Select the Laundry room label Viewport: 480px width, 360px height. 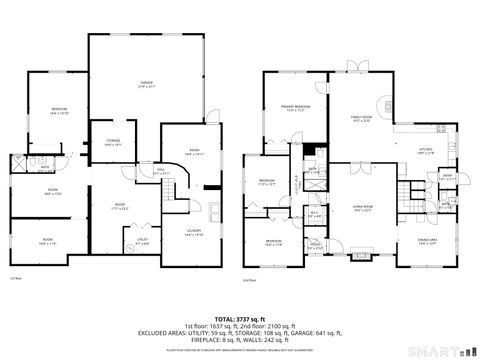194,232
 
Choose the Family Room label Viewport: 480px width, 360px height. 362,119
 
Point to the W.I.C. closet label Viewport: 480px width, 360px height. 315,213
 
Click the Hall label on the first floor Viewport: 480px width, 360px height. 160,171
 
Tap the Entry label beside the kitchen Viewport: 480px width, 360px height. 446,176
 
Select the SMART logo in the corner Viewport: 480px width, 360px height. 445,351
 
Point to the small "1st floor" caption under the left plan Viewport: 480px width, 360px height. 14,278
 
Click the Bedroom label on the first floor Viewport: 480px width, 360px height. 60,112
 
